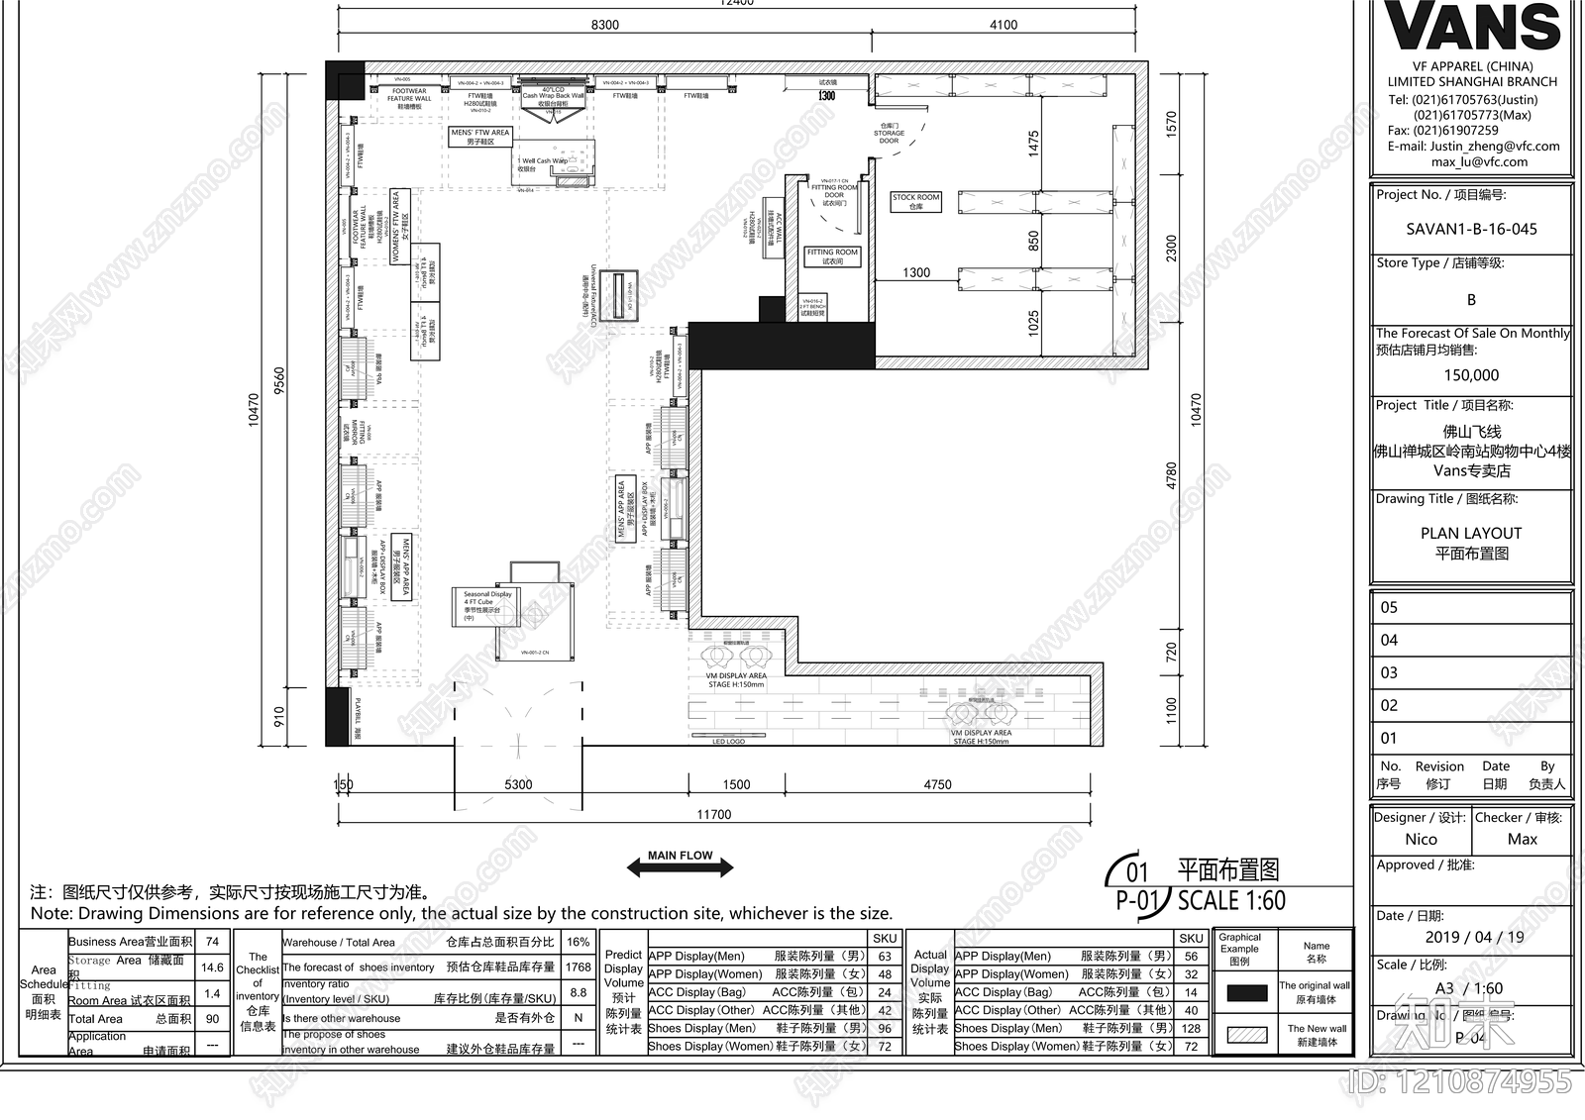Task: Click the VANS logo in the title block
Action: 1472,28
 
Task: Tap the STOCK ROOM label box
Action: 915,202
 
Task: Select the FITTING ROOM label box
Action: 832,256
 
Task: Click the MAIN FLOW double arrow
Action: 681,866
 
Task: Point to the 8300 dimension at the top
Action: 604,25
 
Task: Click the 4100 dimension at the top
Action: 1004,25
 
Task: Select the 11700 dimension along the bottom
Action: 713,814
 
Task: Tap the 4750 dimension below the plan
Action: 937,784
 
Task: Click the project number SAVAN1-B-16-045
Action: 1471,229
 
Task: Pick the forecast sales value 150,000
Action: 1471,375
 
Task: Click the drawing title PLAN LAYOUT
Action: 1471,533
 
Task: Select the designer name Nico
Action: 1421,839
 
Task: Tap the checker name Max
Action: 1522,839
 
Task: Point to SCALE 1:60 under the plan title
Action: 1231,900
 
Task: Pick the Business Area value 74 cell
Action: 212,942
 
